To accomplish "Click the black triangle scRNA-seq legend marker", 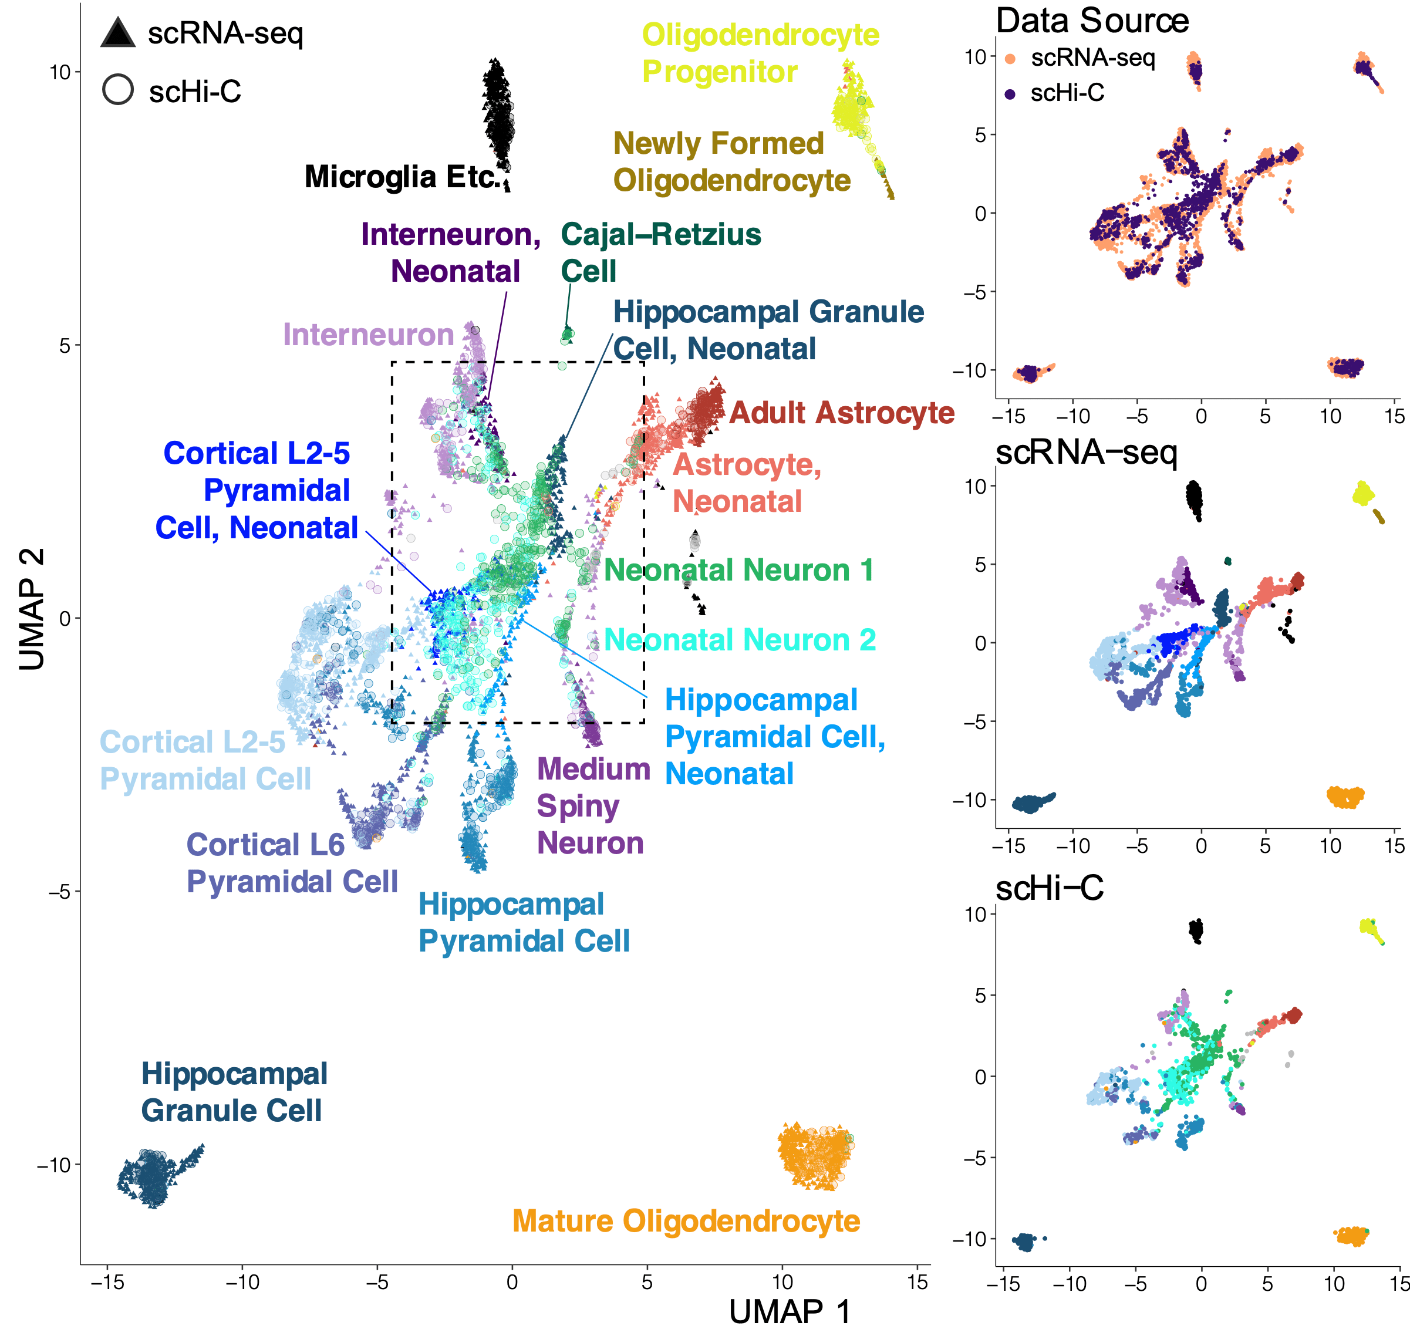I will pos(118,34).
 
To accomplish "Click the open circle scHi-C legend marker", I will pos(118,90).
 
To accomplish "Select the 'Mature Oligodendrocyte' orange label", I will pos(685,1220).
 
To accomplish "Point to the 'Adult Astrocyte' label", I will pos(841,413).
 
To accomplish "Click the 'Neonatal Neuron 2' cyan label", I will pos(739,640).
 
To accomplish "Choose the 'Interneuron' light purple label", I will pos(368,335).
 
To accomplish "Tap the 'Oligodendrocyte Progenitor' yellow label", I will pos(760,53).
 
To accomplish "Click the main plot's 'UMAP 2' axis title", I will pos(32,609).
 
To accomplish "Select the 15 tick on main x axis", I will pos(917,1281).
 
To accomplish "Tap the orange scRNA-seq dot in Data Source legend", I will pos(1010,59).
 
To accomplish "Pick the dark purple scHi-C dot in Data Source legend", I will pos(1010,93).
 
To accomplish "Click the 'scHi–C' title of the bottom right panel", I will pos(1049,888).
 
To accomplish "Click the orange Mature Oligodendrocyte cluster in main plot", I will pos(815,1156).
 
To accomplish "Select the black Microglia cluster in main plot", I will pos(498,113).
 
